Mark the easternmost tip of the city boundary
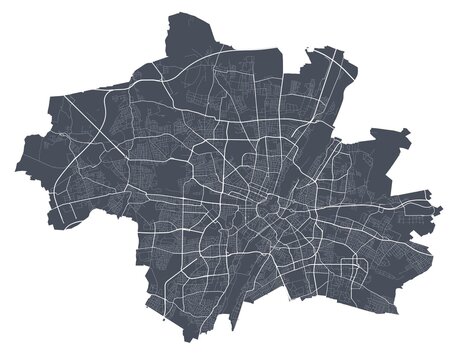441,209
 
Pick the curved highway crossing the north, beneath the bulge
200,70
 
